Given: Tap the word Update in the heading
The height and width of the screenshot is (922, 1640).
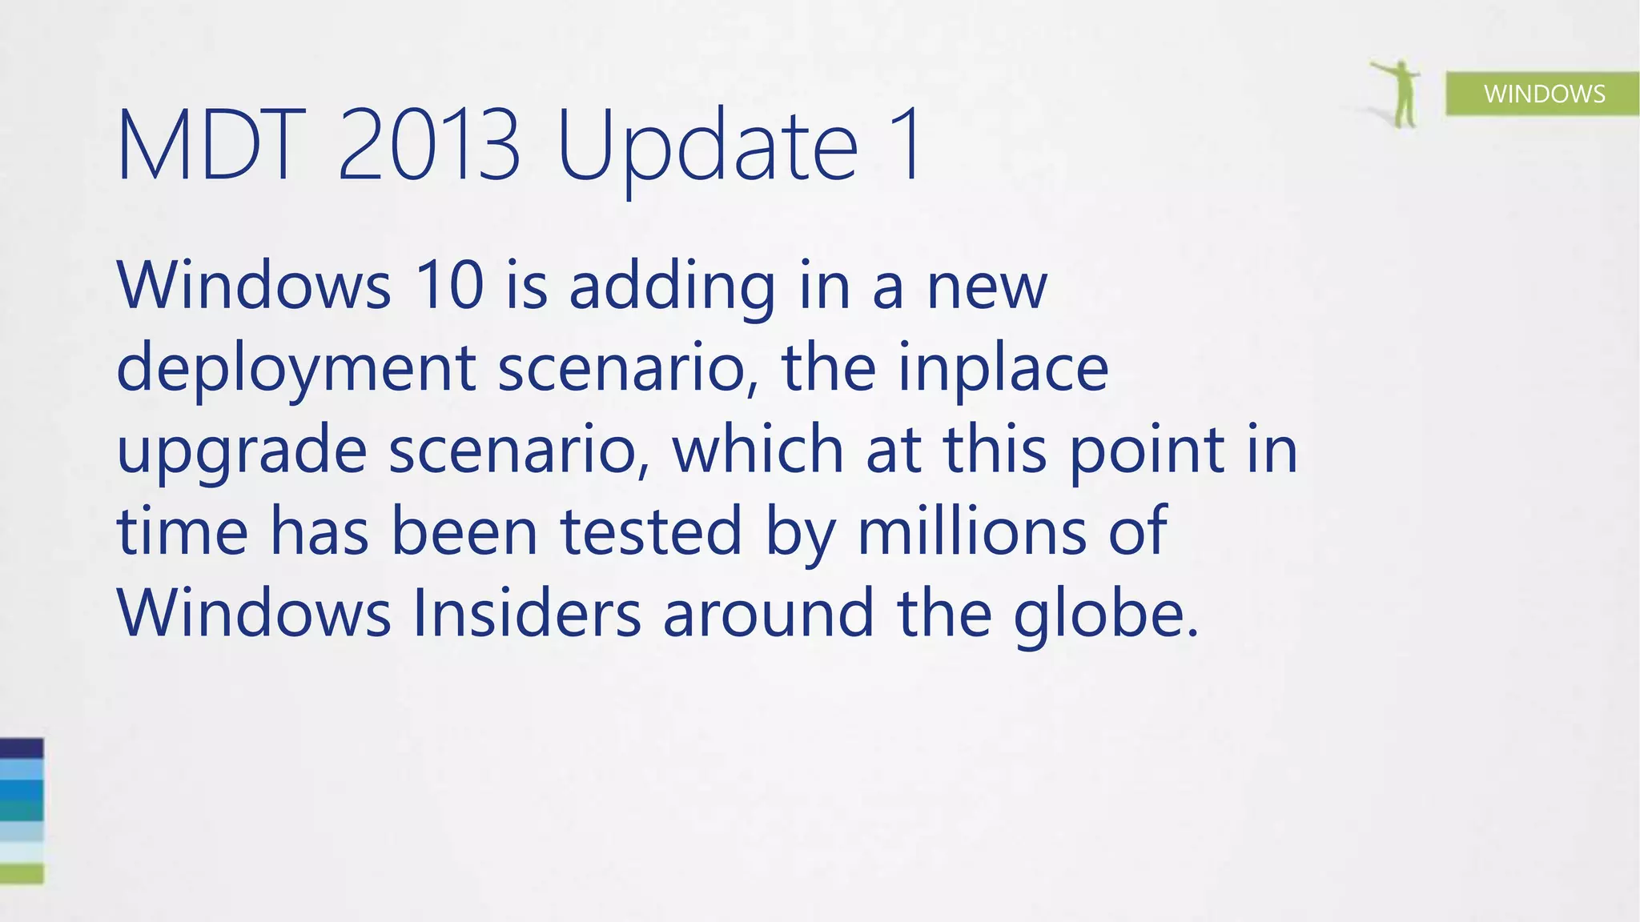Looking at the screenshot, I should point(707,149).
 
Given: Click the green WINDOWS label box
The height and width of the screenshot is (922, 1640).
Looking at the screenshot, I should point(1542,94).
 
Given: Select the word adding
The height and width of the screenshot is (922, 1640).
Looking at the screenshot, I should point(672,288).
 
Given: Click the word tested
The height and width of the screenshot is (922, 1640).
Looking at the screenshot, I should point(651,531).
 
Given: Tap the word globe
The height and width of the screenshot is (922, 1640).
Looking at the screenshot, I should point(1105,615).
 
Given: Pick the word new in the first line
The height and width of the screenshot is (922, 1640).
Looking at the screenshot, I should point(987,287).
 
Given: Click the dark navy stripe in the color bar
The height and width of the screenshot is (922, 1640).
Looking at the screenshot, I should point(22,748).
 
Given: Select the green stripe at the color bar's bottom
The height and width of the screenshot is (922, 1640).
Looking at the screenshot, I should point(22,873).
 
